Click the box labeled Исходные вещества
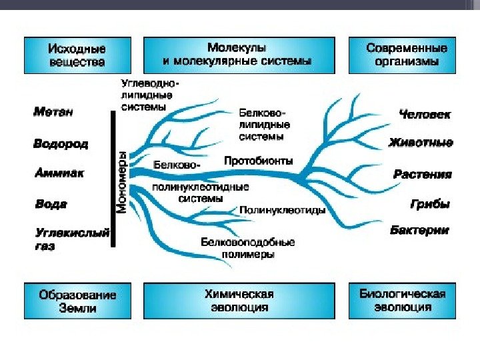tap(77, 55)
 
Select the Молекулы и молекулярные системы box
tap(237, 55)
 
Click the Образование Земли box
tap(77, 301)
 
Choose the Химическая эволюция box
tap(237, 301)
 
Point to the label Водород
tap(61, 143)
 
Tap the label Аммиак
tap(59, 173)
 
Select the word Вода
tap(51, 204)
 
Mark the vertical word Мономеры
tap(123, 181)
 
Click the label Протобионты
tap(258, 161)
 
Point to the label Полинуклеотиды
tap(282, 210)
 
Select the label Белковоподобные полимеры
tap(247, 248)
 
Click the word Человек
tap(424, 115)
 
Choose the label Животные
tap(421, 143)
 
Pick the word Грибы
tap(430, 204)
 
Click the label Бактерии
tap(419, 231)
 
